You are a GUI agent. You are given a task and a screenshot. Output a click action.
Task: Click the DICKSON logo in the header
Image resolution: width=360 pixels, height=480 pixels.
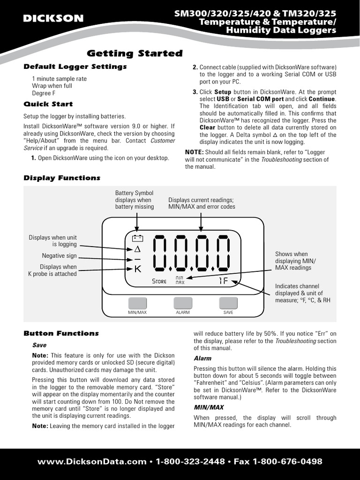53,19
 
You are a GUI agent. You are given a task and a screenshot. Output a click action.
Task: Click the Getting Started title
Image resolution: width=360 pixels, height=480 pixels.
135,53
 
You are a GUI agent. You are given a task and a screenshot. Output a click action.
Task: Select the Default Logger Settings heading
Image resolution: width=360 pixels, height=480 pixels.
75,67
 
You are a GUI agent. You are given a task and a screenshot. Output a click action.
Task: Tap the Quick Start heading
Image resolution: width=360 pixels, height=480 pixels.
48,104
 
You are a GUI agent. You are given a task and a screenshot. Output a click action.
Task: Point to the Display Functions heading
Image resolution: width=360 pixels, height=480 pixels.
62,178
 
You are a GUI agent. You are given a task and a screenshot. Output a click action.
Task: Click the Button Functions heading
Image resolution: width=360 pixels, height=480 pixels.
61,333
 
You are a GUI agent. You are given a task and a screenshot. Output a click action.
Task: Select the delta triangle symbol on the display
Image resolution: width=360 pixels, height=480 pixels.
137,249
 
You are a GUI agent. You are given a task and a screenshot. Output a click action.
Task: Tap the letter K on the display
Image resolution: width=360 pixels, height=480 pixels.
137,269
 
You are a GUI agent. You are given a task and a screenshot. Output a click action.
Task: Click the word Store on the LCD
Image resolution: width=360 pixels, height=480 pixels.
159,281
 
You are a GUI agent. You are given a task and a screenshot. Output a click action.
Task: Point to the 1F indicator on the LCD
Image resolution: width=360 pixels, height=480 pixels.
224,281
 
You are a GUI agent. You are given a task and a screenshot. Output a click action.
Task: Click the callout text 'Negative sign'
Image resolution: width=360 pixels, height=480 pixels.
59,255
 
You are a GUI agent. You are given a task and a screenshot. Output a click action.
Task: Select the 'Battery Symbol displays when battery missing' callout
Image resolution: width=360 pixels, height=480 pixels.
135,200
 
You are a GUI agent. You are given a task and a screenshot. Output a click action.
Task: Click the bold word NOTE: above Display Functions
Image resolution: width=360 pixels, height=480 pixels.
194,152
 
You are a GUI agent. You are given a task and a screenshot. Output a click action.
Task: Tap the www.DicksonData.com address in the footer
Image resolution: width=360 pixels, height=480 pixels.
92,462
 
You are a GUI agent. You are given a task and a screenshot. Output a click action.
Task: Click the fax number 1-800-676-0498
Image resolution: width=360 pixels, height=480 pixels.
287,462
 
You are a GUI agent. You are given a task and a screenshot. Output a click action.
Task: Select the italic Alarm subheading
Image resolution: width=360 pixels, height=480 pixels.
202,359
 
